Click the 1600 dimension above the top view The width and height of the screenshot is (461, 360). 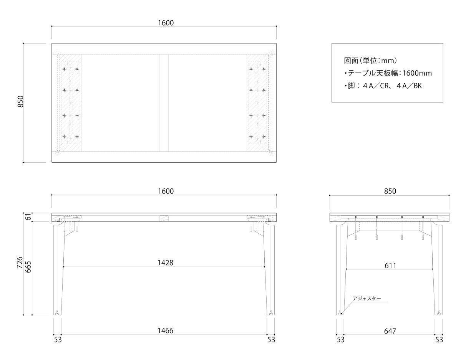(x=166, y=23)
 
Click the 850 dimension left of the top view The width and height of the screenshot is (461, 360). (x=21, y=101)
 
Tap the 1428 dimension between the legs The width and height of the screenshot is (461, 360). (x=166, y=263)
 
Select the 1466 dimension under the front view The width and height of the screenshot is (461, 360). (x=166, y=330)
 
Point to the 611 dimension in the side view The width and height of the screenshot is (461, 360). (x=390, y=266)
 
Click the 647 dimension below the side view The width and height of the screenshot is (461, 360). (x=390, y=331)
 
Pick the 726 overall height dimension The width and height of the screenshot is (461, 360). (x=20, y=263)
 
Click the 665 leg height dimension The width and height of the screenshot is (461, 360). (x=28, y=267)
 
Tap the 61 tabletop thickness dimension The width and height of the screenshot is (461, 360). (x=28, y=217)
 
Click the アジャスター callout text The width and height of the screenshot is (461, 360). (x=367, y=298)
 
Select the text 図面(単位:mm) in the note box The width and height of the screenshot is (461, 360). (x=370, y=61)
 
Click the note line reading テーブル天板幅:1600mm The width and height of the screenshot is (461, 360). (x=388, y=73)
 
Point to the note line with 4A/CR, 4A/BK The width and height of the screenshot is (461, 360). (x=383, y=86)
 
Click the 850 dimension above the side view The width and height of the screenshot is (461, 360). (x=390, y=191)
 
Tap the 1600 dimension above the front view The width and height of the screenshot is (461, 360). (x=166, y=191)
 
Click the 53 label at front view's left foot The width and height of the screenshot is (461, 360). (x=58, y=340)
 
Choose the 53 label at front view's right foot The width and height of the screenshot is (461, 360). (x=271, y=340)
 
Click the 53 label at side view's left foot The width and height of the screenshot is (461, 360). (x=341, y=340)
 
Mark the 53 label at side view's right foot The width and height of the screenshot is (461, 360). (x=439, y=340)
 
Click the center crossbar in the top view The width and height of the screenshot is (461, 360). (x=164, y=103)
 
